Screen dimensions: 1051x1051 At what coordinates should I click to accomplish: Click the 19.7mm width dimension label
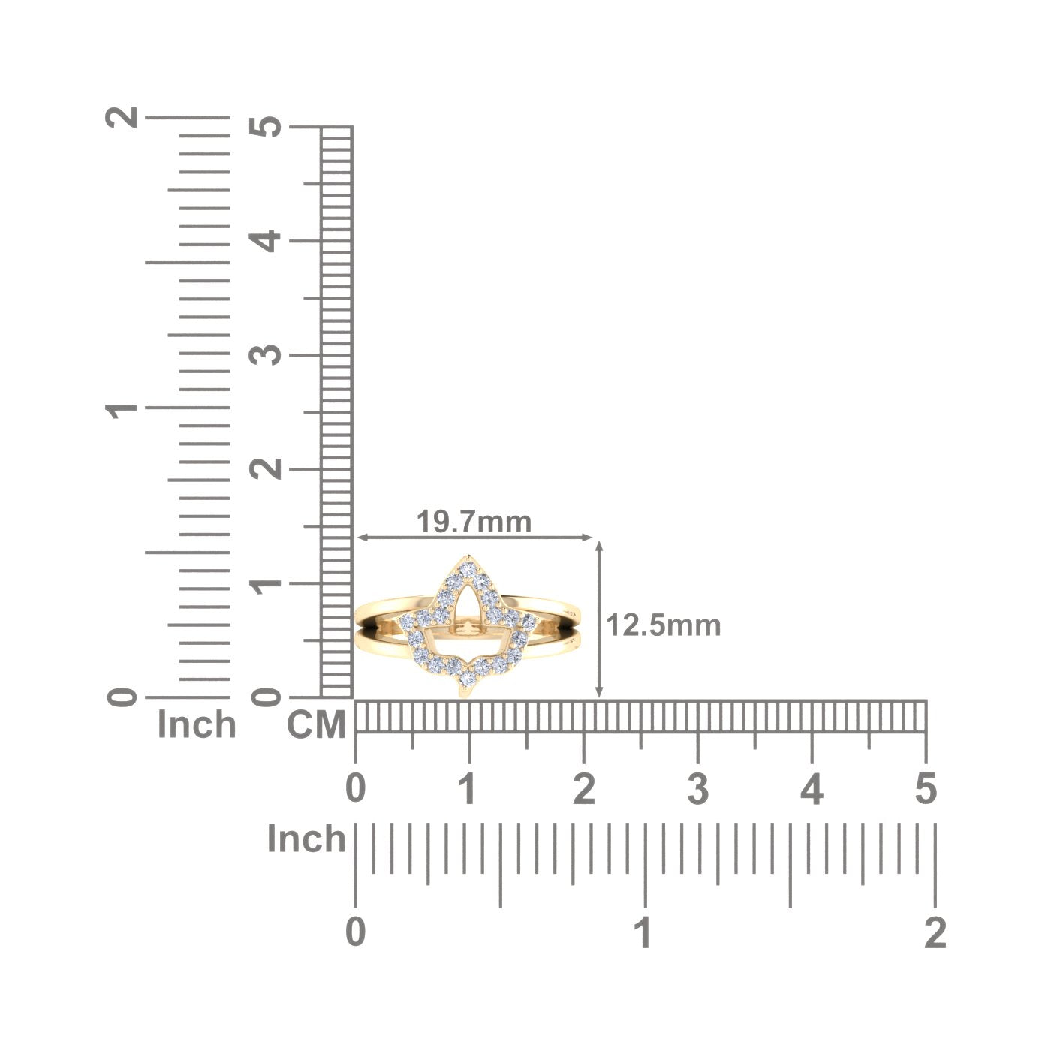click(474, 522)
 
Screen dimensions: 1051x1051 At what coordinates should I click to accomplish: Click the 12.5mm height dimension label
click(663, 625)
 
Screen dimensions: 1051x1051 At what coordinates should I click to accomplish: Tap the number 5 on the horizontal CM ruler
click(926, 789)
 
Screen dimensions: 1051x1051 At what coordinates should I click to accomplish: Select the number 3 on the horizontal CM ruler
click(697, 789)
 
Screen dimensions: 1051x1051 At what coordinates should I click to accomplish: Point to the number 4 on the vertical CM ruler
click(265, 241)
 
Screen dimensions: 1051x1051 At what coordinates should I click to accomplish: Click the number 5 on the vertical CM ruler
click(265, 127)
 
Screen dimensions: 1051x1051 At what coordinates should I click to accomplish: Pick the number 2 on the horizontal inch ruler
click(935, 932)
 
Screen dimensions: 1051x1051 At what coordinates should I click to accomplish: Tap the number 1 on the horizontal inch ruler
click(644, 932)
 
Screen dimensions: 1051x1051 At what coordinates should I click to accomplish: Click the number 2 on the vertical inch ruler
click(122, 116)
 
